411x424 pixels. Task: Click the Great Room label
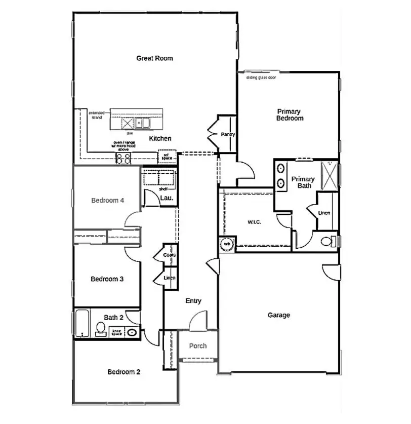[154, 58]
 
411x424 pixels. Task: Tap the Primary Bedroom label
[290, 115]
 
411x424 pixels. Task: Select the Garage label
[279, 315]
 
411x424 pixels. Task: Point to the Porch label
[198, 346]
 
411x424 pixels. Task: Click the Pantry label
[227, 135]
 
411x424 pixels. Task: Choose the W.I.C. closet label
[254, 222]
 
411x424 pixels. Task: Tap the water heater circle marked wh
[227, 244]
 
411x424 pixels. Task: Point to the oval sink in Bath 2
[132, 333]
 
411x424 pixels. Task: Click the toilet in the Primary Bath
[331, 240]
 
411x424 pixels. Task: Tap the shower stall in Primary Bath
[330, 175]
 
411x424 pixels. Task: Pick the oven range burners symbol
[124, 159]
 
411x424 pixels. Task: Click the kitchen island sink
[144, 123]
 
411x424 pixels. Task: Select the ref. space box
[167, 157]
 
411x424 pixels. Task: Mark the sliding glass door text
[261, 78]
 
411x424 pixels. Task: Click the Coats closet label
[170, 255]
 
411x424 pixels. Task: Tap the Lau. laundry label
[167, 198]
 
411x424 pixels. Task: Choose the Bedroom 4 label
[108, 201]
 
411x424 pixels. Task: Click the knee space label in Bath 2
[117, 332]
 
